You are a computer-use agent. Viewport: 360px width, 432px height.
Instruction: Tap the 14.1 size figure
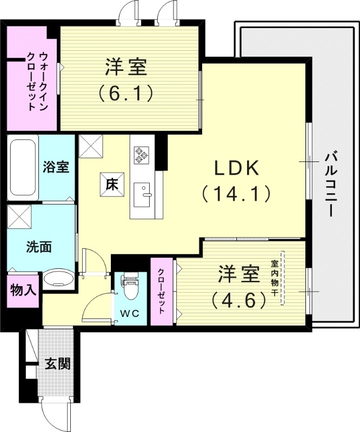237,193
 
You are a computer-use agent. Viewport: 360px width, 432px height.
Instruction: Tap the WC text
129,313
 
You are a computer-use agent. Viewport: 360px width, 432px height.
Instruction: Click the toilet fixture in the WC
130,286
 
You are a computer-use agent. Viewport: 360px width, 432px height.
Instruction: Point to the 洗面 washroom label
39,247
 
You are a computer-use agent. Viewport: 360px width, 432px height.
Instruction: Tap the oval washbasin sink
57,279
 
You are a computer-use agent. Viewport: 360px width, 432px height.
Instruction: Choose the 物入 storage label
23,290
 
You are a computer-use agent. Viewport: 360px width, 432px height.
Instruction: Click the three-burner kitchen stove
142,154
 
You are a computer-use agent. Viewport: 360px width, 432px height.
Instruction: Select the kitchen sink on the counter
143,194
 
